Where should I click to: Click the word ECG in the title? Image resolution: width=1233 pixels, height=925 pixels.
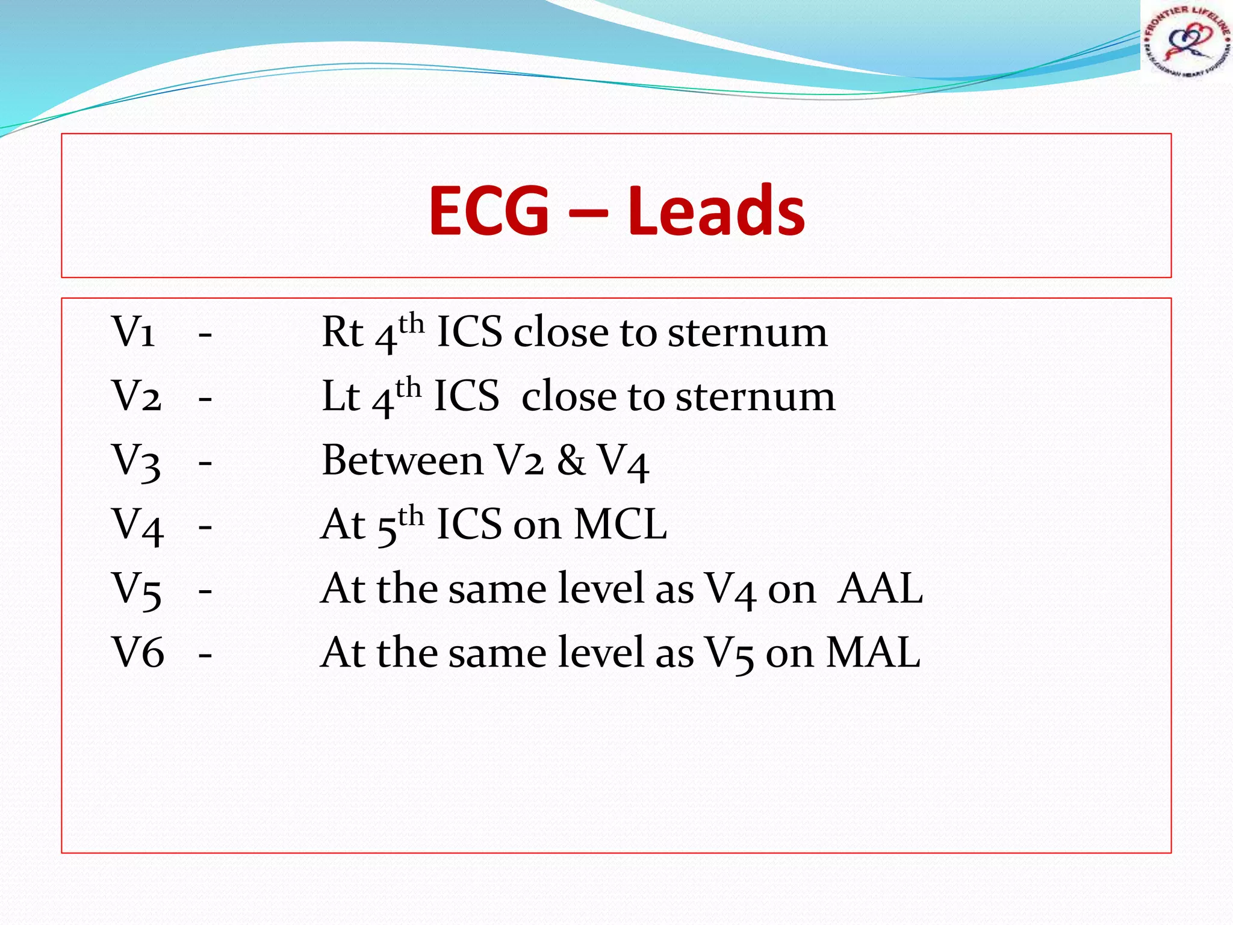(488, 210)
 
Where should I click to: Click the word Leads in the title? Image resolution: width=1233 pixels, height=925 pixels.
(716, 210)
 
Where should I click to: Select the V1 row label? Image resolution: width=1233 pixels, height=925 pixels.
(134, 332)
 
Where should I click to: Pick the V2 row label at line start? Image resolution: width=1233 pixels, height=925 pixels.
(137, 396)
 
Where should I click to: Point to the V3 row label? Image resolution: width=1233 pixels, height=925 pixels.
(137, 461)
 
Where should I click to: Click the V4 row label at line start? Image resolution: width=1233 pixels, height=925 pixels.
(137, 525)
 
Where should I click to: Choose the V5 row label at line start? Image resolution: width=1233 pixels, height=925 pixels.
(137, 589)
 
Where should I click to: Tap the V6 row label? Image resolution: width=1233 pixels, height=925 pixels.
(137, 653)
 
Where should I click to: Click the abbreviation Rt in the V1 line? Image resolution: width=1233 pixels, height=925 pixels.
(343, 332)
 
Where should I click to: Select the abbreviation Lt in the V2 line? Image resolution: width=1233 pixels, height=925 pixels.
(341, 396)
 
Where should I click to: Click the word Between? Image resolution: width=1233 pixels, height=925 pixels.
(402, 461)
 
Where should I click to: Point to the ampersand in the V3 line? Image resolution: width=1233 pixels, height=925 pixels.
(571, 461)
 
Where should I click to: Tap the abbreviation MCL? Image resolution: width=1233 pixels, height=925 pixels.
(621, 525)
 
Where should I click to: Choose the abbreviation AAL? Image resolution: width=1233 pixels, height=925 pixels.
(881, 589)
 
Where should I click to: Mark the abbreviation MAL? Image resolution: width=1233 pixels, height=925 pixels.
(873, 653)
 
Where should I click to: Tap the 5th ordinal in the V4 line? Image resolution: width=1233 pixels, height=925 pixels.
(400, 525)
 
